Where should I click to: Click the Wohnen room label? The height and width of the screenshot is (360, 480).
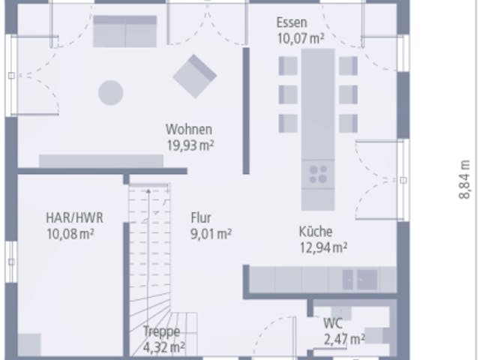click(189, 130)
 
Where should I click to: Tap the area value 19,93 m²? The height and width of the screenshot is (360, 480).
click(190, 145)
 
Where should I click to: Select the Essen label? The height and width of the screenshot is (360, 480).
click(292, 22)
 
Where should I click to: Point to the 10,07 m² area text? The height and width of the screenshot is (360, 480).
click(301, 38)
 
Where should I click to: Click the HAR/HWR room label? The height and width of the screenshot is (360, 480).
click(74, 218)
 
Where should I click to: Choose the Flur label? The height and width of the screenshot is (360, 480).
click(201, 218)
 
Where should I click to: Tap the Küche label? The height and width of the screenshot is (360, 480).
click(315, 232)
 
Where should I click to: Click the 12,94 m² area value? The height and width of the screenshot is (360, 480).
click(323, 247)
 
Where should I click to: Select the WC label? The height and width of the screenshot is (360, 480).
click(333, 323)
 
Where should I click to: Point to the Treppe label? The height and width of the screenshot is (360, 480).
click(162, 331)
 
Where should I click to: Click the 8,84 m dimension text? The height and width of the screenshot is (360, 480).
click(464, 180)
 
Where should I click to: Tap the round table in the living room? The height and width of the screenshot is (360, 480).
click(111, 93)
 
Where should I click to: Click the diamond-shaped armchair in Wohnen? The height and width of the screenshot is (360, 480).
click(195, 76)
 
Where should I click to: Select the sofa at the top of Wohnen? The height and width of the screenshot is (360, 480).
click(125, 31)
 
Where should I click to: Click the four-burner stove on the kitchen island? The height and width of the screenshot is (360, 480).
click(318, 174)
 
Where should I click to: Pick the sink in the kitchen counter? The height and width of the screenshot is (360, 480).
click(360, 280)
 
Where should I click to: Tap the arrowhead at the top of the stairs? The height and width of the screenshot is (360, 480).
click(148, 191)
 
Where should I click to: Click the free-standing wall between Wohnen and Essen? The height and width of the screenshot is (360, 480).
click(246, 111)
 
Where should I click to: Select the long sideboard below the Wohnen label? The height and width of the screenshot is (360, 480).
click(101, 161)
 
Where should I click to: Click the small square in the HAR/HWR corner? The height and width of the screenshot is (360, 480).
click(29, 345)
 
